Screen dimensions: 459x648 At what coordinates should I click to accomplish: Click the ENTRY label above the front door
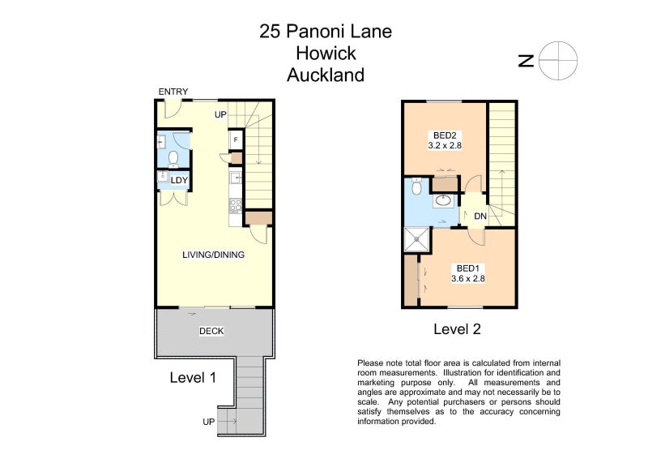173,92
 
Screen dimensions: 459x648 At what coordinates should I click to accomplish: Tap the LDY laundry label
179,181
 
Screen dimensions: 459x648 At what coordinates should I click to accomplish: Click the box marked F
236,139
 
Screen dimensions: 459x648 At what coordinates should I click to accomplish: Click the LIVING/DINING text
213,255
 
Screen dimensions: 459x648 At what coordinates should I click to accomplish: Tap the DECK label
211,331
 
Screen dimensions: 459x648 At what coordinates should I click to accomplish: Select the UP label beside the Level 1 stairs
220,114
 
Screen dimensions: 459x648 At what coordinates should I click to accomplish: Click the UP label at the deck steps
209,422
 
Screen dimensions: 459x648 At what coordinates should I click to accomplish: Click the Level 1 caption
193,377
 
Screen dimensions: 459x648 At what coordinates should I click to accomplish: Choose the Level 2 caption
457,329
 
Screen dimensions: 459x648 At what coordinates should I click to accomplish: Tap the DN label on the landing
480,217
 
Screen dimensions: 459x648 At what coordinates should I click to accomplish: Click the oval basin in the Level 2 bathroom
443,200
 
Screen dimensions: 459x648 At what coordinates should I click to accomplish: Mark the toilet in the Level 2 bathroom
416,187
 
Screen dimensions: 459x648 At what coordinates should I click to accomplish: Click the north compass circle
559,61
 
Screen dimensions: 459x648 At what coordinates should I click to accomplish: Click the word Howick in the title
326,54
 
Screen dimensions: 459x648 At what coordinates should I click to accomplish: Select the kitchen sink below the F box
236,178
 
